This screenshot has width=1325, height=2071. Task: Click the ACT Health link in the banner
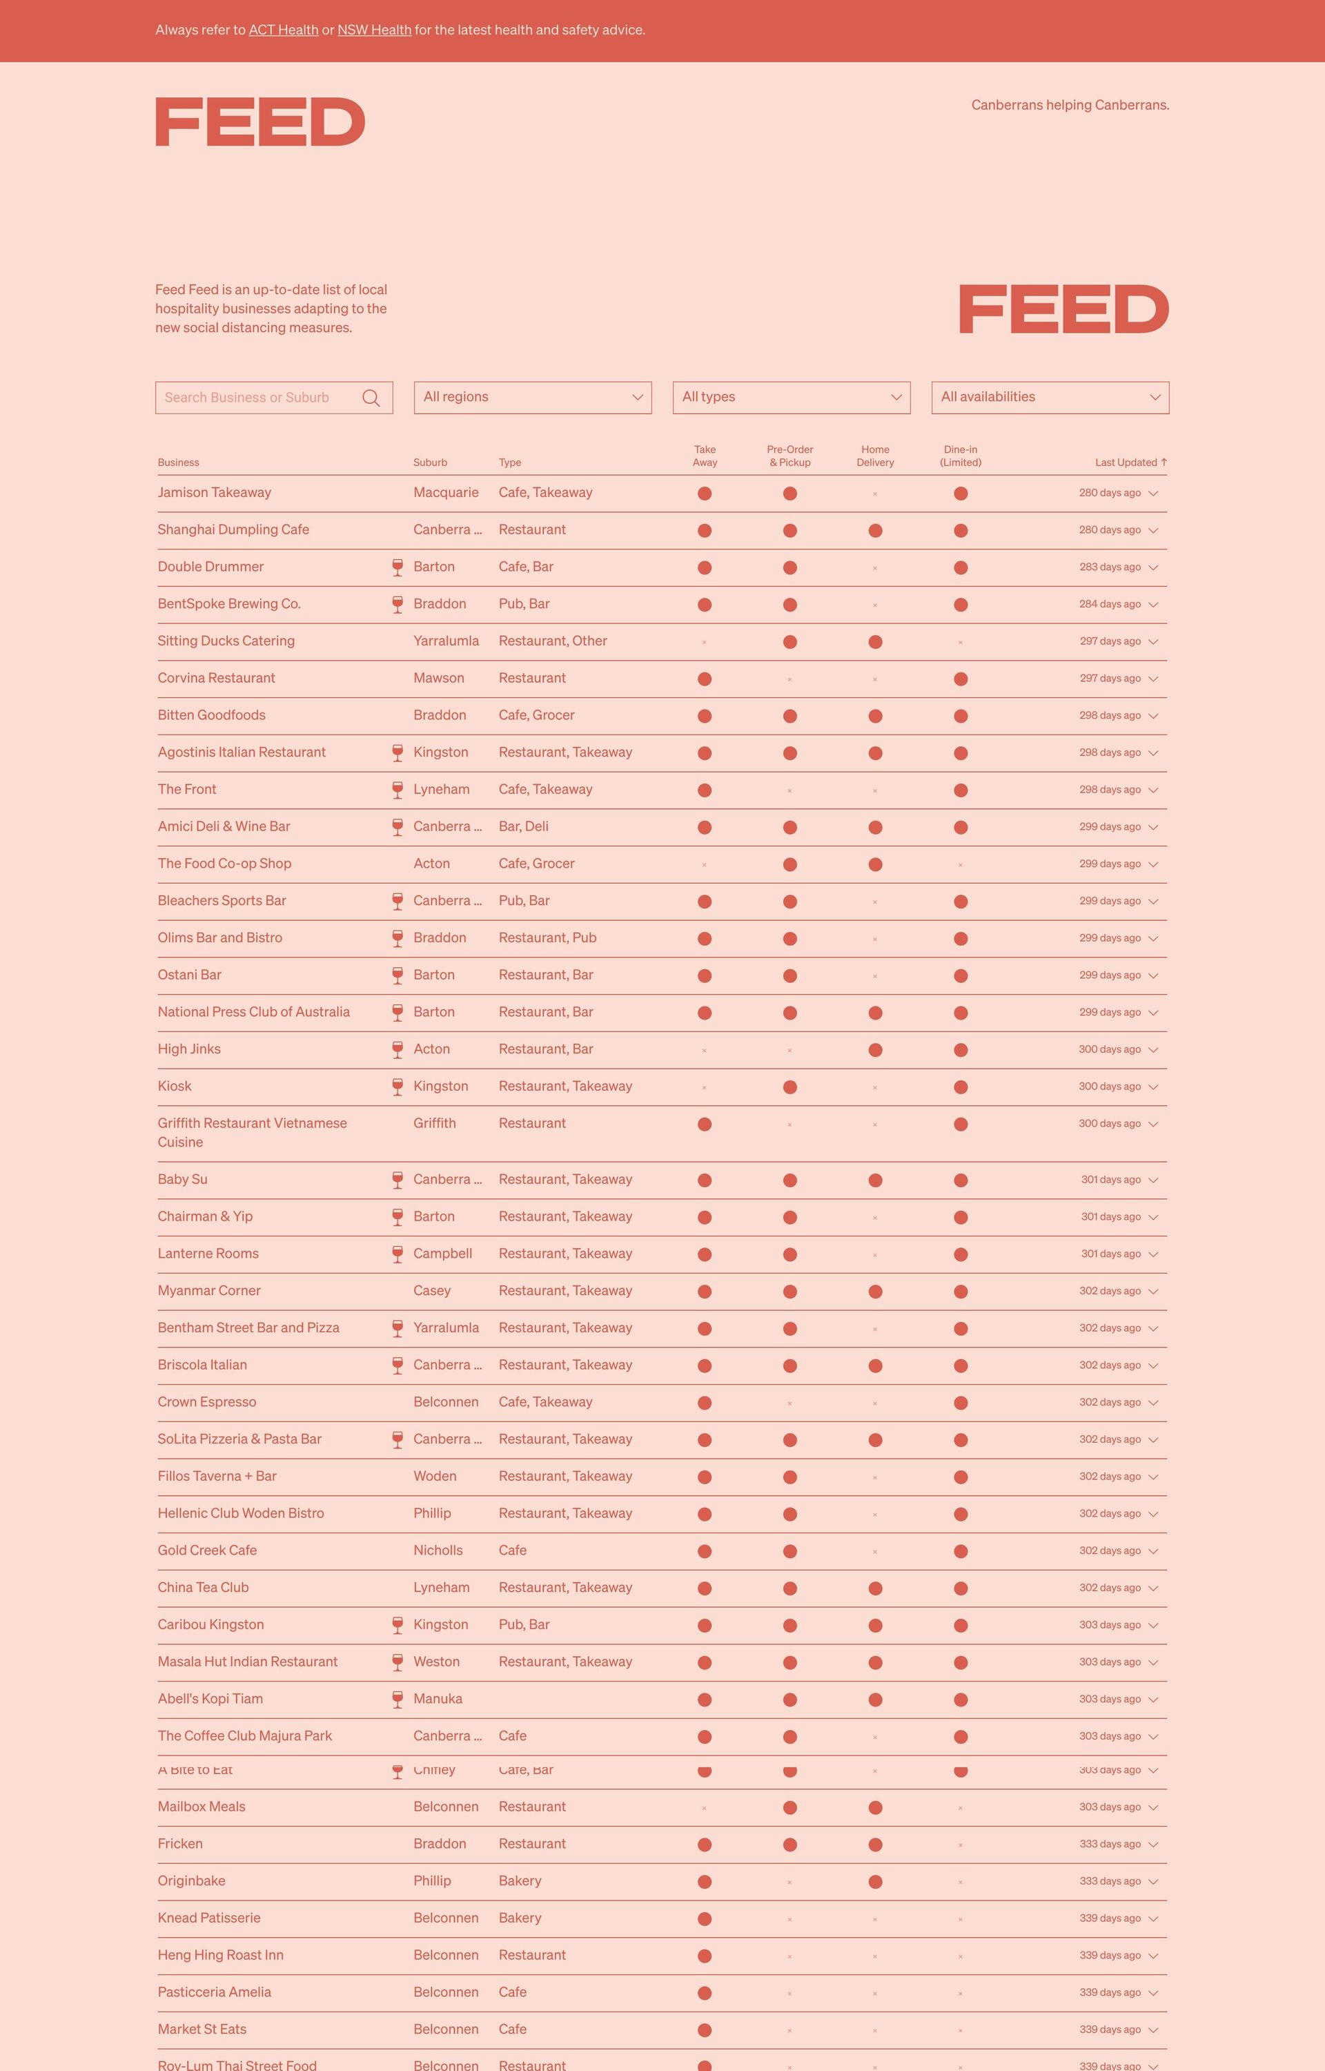(x=283, y=30)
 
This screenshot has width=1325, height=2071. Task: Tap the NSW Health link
(x=373, y=30)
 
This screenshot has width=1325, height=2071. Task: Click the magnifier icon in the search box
(x=371, y=398)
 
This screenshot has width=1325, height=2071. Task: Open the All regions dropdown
(x=533, y=398)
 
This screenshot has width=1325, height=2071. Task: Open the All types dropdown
(x=791, y=398)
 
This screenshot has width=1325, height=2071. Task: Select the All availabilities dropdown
(x=1050, y=398)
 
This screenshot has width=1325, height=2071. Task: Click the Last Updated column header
(x=1130, y=463)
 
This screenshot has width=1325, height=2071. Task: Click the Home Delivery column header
(x=875, y=456)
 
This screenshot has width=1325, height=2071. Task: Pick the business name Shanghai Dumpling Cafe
(x=233, y=530)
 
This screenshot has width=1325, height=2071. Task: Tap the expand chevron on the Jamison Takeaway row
(x=1153, y=494)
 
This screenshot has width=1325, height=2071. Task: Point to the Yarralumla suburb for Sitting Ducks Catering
(x=446, y=641)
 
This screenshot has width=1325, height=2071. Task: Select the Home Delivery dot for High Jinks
(x=875, y=1050)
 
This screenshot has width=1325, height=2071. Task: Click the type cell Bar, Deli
(x=523, y=827)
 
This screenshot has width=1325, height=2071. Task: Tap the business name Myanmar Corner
(x=209, y=1291)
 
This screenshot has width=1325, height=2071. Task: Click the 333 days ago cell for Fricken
(x=1109, y=1844)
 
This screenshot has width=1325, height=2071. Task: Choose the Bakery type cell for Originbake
(x=520, y=1881)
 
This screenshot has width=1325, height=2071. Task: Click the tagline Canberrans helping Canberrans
(x=1070, y=105)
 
